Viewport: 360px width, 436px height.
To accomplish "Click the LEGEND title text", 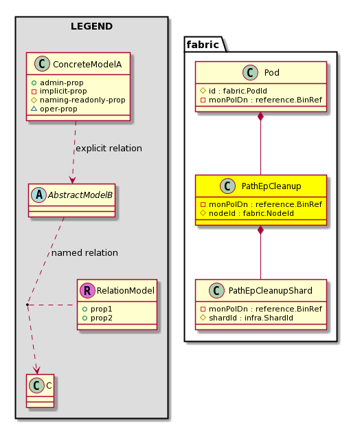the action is [91, 26].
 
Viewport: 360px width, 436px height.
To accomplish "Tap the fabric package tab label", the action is [203, 45].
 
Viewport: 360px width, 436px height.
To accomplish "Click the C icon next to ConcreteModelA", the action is [42, 64].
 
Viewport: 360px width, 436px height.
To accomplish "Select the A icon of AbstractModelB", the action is [39, 195].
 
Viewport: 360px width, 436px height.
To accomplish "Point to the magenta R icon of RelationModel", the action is [87, 291].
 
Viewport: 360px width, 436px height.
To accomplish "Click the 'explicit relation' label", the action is [109, 149].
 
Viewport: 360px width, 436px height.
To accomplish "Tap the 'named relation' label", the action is [85, 253].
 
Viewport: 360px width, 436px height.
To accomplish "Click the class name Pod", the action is [271, 73].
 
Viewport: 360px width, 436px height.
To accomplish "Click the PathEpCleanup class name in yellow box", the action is [271, 186].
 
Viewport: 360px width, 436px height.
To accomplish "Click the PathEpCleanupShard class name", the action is [270, 291].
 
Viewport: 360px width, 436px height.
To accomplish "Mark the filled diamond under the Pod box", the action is [260, 116].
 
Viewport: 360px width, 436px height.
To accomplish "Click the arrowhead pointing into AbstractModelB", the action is [73, 180].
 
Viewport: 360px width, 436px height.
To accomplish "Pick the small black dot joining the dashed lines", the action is [27, 305].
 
